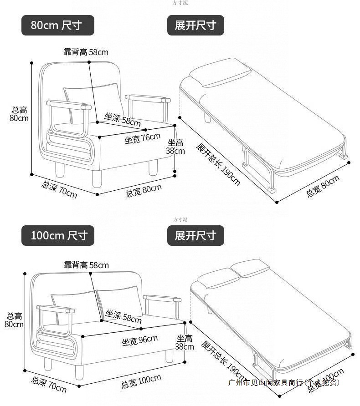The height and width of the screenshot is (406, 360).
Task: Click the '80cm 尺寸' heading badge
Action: click(58, 25)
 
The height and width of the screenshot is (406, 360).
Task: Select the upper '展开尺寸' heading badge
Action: click(195, 25)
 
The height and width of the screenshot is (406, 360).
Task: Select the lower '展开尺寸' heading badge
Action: click(195, 236)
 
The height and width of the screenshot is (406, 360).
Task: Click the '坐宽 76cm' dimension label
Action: click(143, 137)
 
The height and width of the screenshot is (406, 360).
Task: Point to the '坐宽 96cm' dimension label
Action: click(139, 340)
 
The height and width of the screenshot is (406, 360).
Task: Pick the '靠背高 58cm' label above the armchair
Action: click(86, 52)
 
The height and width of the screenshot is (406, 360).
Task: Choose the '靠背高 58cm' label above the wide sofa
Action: click(86, 265)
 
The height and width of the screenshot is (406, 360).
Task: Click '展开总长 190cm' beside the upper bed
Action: click(218, 164)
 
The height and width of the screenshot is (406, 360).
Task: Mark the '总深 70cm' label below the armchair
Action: click(60, 189)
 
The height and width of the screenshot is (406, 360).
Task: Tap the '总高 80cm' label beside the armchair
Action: click(20, 114)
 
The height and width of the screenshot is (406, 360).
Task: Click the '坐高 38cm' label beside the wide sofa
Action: click(185, 342)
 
